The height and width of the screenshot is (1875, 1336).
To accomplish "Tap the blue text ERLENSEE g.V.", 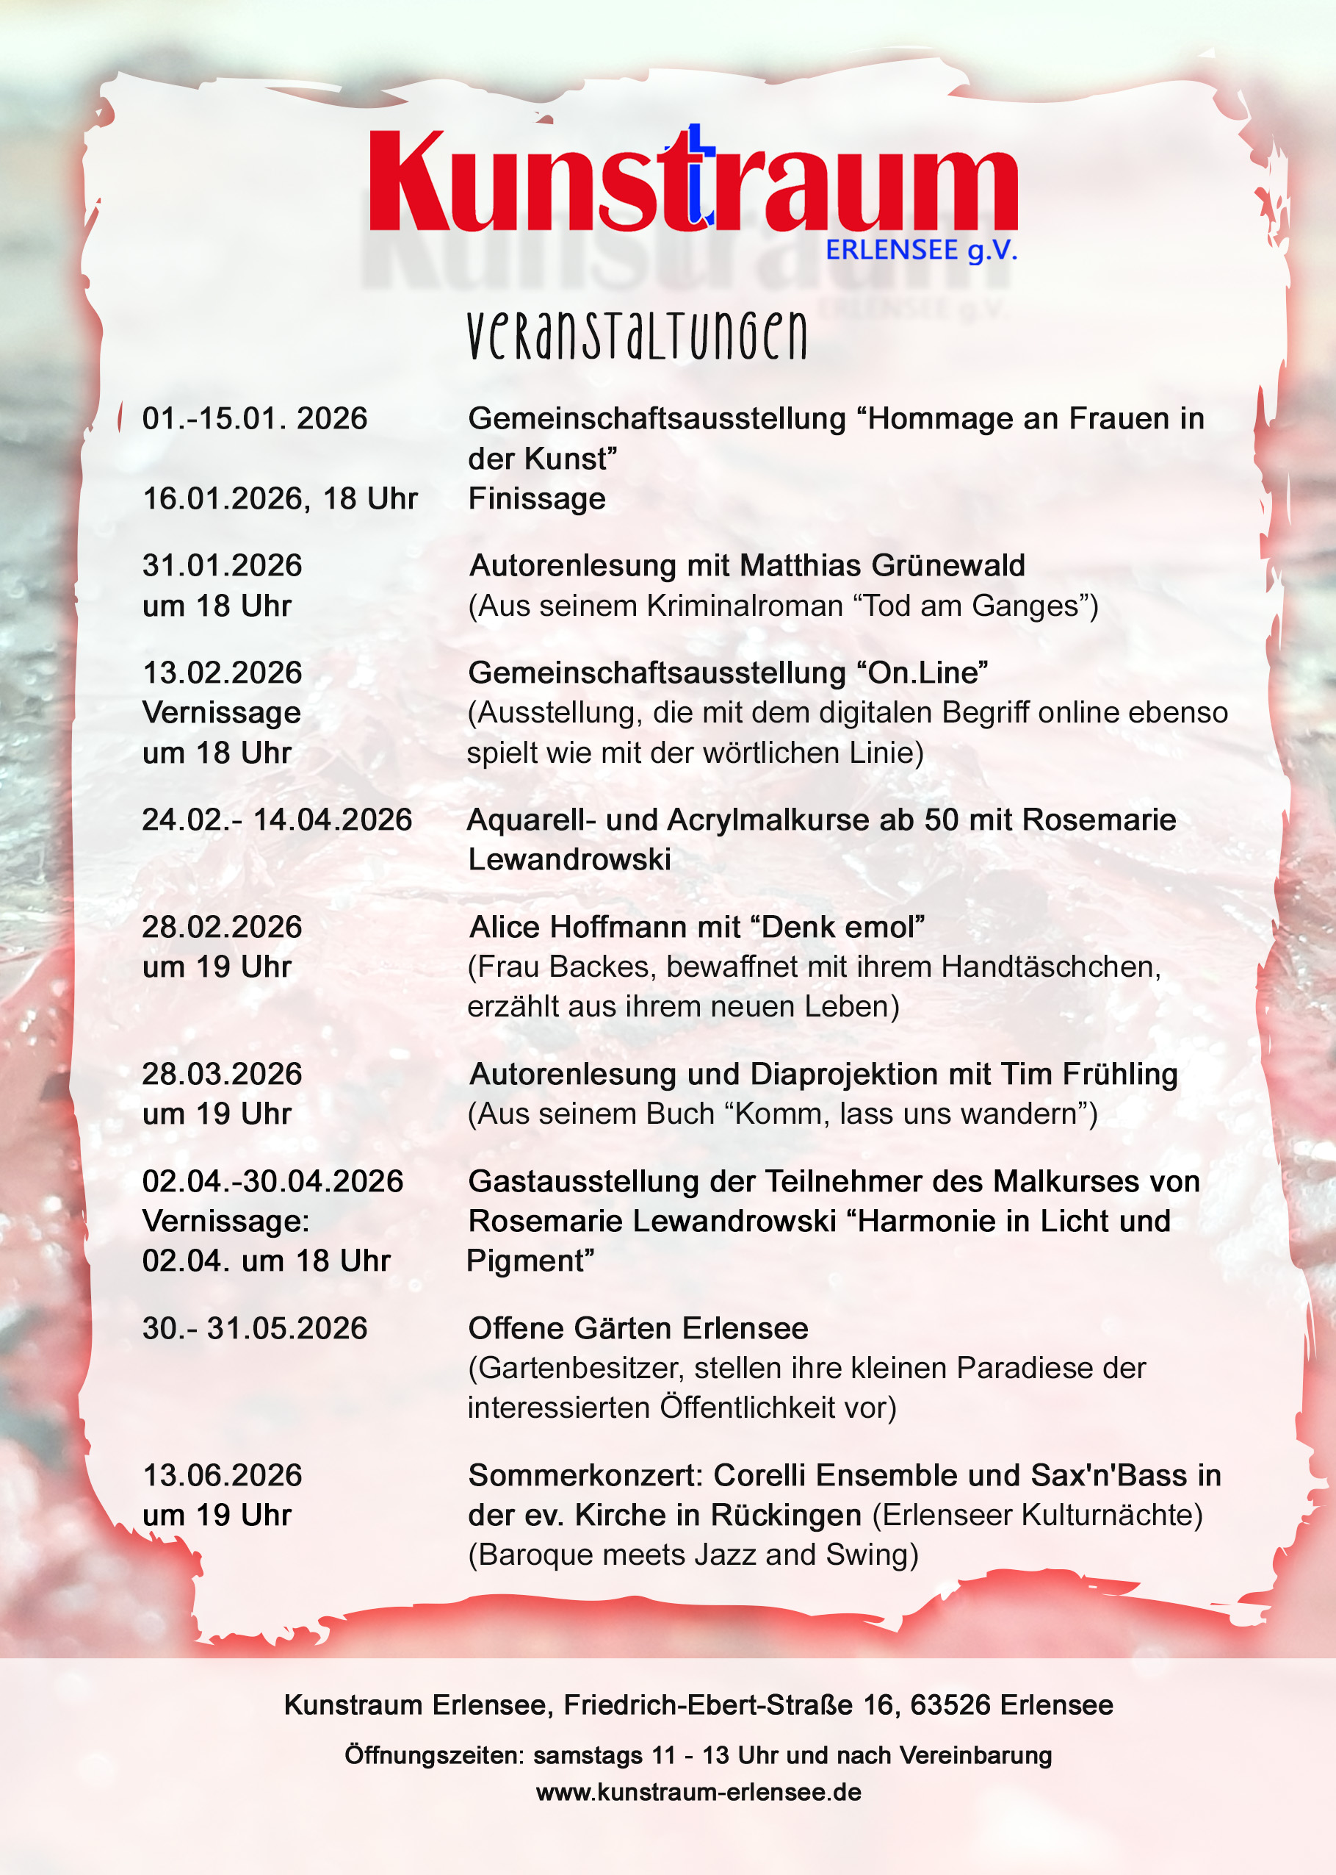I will (x=921, y=249).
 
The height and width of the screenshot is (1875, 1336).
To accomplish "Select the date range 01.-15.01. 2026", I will (x=255, y=419).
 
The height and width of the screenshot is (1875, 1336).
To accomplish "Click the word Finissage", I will (x=536, y=499).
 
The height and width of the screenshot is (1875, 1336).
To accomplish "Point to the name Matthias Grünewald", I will (x=882, y=565).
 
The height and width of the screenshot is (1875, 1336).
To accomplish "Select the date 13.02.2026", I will (x=222, y=673).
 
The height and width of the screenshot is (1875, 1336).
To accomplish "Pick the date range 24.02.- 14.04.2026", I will (x=277, y=820).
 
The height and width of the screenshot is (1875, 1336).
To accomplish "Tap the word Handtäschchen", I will (x=1050, y=967).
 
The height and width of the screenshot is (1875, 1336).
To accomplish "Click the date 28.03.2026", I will (x=222, y=1074).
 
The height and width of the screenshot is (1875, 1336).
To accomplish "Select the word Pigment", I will (x=526, y=1261).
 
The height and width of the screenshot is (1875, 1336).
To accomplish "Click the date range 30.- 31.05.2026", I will (x=255, y=1328).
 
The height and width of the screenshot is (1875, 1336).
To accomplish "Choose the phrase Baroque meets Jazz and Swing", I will (x=693, y=1555).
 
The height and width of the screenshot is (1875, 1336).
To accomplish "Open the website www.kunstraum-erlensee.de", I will (x=698, y=1792).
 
